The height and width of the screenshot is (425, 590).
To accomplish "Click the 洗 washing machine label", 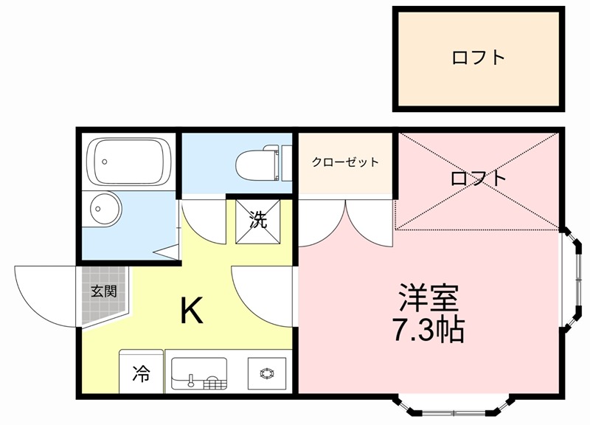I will (x=257, y=220).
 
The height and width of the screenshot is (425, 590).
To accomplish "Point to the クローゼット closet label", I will (x=345, y=162).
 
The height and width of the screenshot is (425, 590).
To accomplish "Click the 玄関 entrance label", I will (x=103, y=291).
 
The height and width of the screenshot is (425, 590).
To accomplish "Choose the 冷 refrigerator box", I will (x=141, y=373).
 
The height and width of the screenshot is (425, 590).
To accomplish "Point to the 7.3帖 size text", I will (x=428, y=330).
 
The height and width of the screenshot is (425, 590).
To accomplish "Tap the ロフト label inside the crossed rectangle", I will (x=479, y=178).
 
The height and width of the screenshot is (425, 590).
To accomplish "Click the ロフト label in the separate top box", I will (x=478, y=58).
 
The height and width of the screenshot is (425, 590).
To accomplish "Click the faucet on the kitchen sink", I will (x=192, y=381).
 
